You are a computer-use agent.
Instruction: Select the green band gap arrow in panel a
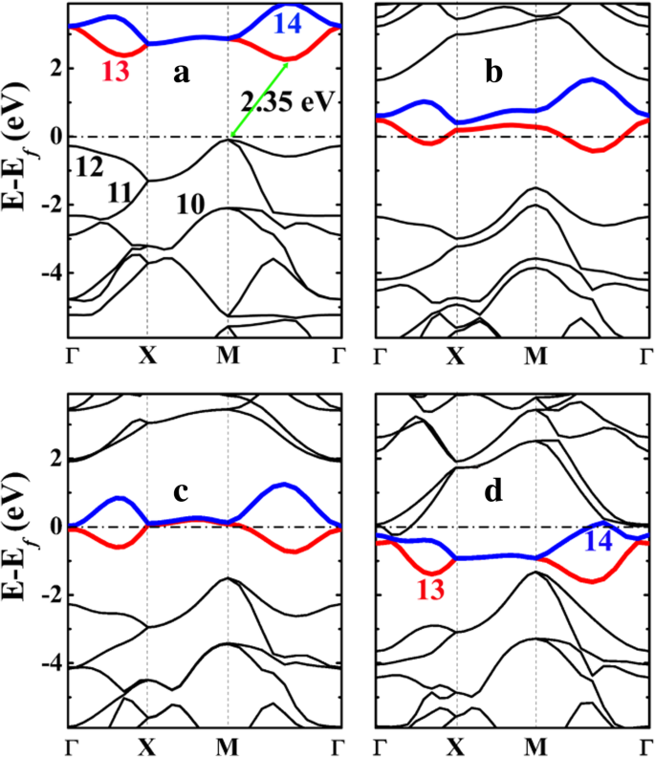pos(259,99)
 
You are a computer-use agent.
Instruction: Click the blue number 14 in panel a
pos(286,23)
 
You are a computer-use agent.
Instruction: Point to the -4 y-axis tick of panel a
pos(53,272)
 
